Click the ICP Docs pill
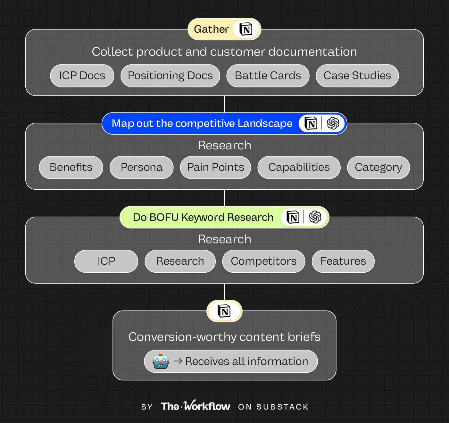point(82,76)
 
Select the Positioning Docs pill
point(170,76)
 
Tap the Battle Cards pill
point(268,76)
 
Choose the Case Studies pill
point(357,76)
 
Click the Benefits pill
point(71,167)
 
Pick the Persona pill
point(141,167)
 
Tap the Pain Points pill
point(215,167)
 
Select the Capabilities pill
point(299,167)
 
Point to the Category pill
point(378,167)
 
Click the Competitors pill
point(263,261)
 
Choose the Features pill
point(343,261)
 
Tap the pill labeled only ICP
point(106,261)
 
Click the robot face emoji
point(161,361)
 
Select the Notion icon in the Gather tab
point(246,29)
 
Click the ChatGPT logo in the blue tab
point(333,123)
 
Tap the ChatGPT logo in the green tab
point(315,217)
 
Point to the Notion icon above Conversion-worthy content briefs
point(224,311)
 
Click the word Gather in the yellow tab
point(211,29)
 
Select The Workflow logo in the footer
point(195,406)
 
